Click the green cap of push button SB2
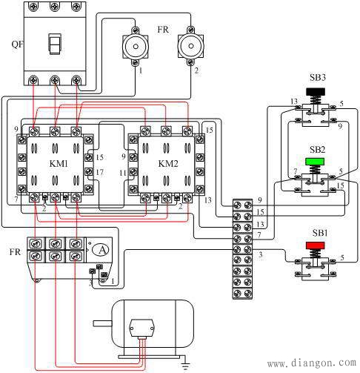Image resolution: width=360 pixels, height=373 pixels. (315, 162)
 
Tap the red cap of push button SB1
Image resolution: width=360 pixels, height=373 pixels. (316, 245)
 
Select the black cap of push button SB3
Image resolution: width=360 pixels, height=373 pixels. (316, 92)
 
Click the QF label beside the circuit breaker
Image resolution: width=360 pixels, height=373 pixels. (17, 44)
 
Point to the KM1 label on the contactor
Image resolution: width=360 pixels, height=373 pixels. (59, 164)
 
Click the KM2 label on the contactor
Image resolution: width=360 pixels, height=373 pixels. (168, 164)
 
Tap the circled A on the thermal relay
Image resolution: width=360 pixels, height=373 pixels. (102, 250)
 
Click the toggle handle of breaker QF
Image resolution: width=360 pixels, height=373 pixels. (55, 44)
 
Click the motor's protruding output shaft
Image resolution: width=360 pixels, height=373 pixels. (102, 323)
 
